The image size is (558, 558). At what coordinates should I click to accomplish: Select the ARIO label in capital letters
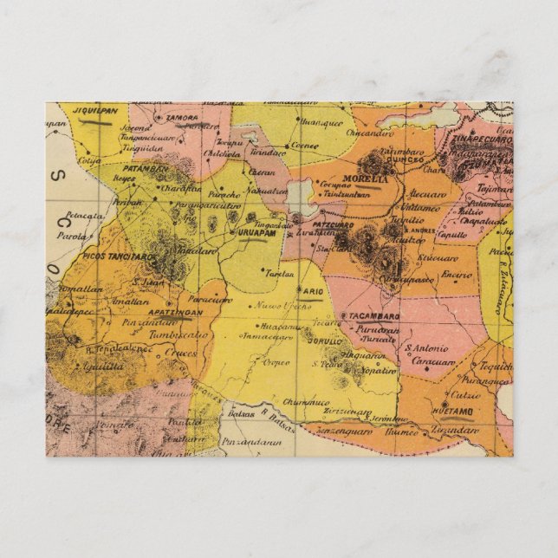tap(314, 291)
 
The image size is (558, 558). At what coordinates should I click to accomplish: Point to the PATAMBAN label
tap(146, 168)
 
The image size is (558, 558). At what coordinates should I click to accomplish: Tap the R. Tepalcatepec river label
tap(120, 348)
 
